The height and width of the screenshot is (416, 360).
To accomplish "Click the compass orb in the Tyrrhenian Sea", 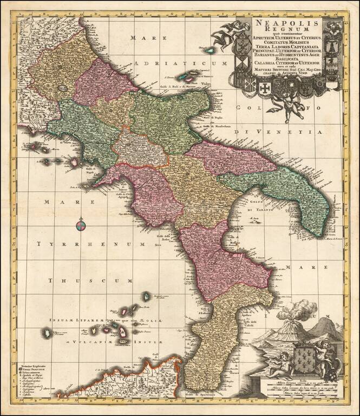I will pyautogui.click(x=80, y=223).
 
